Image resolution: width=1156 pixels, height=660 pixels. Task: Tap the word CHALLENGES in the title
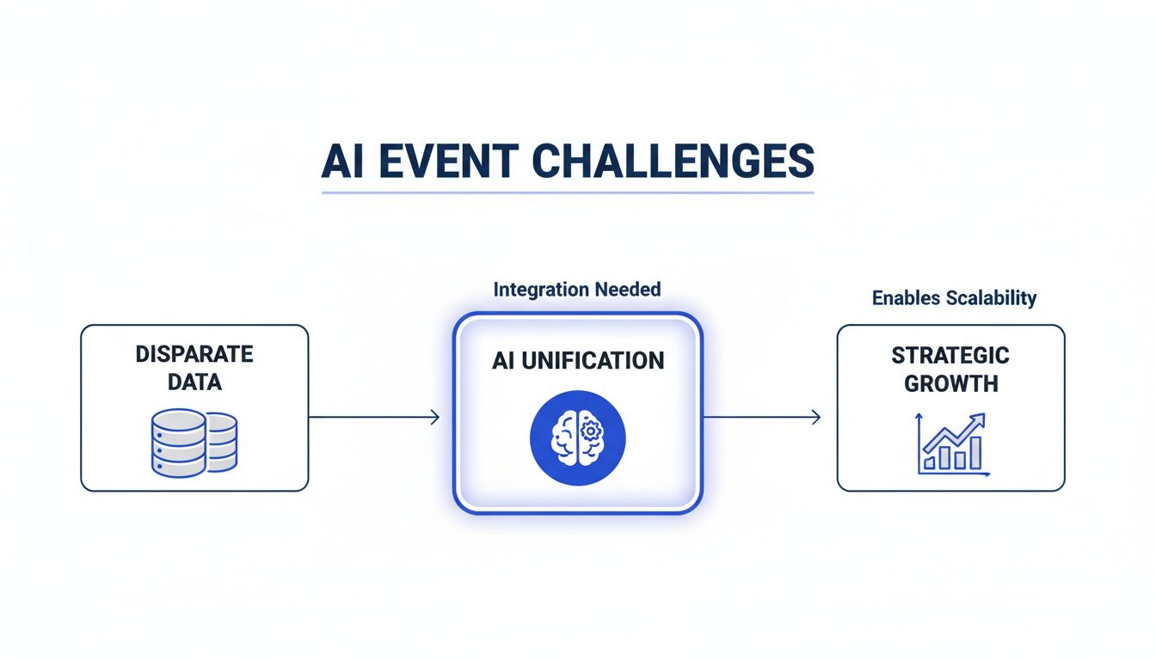673,162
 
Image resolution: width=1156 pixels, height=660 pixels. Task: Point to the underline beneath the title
568,192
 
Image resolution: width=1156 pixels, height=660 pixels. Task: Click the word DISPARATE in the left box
194,354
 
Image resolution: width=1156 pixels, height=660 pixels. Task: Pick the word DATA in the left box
194,382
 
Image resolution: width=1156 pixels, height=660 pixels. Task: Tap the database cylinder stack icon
194,443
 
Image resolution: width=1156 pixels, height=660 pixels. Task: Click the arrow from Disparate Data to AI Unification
374,418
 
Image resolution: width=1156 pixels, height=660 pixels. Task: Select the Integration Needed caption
577,290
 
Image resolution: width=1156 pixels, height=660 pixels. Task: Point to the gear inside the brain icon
591,430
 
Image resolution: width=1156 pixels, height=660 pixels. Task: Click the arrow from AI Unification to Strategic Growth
762,418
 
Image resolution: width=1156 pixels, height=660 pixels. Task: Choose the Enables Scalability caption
954,298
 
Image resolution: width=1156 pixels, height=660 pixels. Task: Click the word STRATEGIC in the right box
950,355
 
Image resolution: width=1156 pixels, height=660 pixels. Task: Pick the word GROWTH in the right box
950,383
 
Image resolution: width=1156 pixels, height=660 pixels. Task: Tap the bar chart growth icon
953,443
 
